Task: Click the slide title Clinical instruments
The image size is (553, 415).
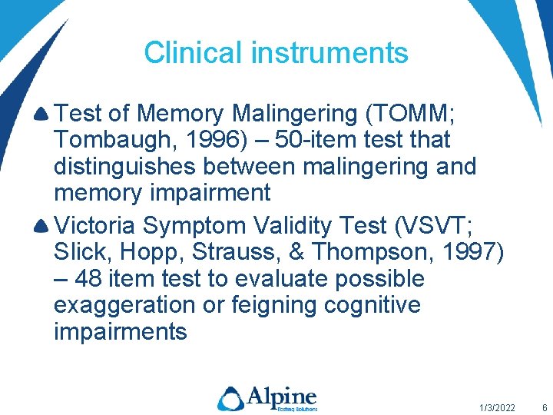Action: pyautogui.click(x=276, y=53)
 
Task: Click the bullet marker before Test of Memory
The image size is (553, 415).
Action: pyautogui.click(x=43, y=115)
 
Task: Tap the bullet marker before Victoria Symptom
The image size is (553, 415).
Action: pyautogui.click(x=43, y=227)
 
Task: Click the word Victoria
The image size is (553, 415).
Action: pyautogui.click(x=98, y=226)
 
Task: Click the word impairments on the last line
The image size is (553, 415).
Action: pyautogui.click(x=120, y=332)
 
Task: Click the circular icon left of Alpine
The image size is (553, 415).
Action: pyautogui.click(x=230, y=398)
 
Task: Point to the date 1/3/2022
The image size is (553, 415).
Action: pyautogui.click(x=497, y=407)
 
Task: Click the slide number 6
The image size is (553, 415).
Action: pyautogui.click(x=545, y=407)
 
